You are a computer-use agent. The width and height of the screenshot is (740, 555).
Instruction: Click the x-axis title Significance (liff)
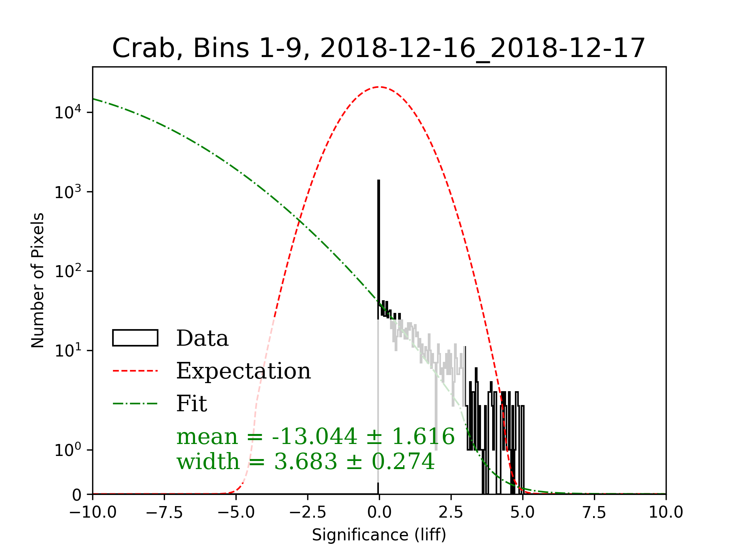click(379, 535)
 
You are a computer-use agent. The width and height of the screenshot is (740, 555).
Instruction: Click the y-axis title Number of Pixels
click(38, 280)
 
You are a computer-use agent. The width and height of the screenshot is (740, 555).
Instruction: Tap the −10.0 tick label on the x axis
click(92, 513)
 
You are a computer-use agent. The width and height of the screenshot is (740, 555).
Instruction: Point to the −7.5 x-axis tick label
click(164, 513)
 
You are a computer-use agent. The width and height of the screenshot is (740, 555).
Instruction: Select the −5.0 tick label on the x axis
click(236, 513)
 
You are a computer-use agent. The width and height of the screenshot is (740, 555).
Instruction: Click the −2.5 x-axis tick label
click(308, 513)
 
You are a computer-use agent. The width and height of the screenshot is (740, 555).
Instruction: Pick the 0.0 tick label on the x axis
click(379, 513)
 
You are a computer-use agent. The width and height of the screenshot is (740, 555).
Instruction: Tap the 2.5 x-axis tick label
click(451, 513)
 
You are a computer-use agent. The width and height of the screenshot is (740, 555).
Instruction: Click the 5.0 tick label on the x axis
click(523, 513)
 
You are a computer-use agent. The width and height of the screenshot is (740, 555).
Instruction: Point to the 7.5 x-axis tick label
click(594, 513)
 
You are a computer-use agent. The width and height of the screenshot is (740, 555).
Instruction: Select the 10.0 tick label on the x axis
click(666, 513)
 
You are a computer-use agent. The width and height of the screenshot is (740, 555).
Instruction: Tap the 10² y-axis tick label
click(68, 271)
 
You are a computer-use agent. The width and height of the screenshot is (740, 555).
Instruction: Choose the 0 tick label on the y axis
click(77, 495)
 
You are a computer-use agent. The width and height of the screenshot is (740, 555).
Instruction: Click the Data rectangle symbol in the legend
click(135, 338)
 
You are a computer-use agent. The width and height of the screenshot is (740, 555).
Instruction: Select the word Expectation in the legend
click(243, 371)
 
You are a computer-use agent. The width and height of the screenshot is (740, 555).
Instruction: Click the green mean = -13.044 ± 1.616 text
click(315, 437)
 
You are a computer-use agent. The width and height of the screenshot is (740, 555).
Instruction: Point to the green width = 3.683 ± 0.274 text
click(306, 461)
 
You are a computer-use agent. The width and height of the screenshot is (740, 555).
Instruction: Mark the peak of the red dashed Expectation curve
click(379, 87)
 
